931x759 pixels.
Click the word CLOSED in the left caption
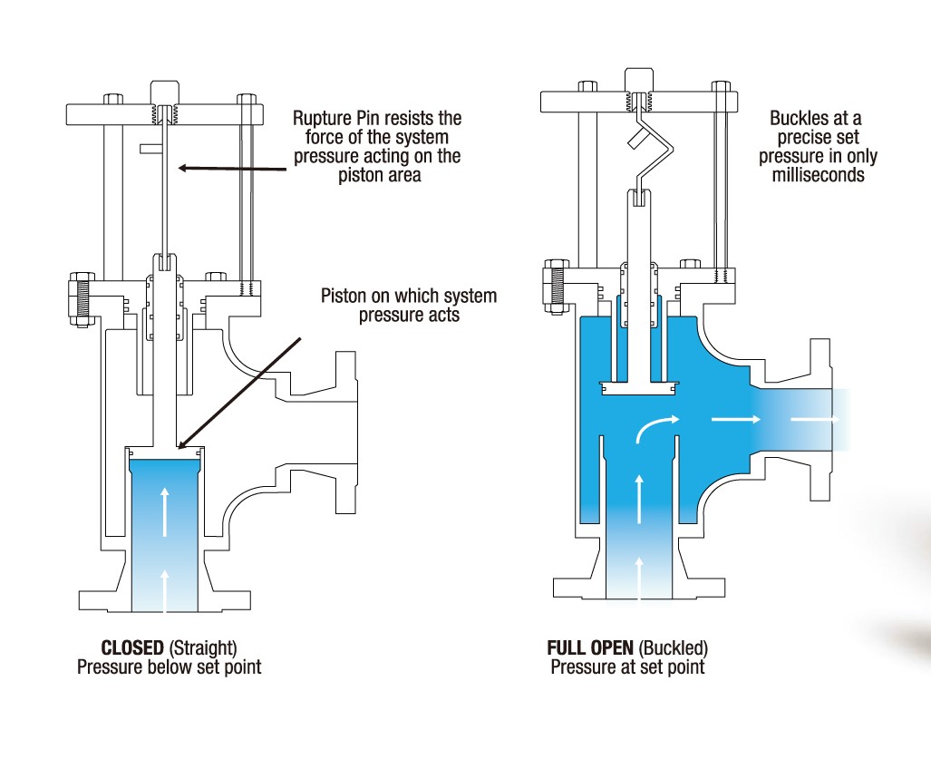(132, 648)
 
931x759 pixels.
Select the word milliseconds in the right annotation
(818, 175)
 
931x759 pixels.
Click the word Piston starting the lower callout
(345, 297)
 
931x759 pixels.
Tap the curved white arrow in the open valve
(655, 428)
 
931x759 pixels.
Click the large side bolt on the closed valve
(79, 297)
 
